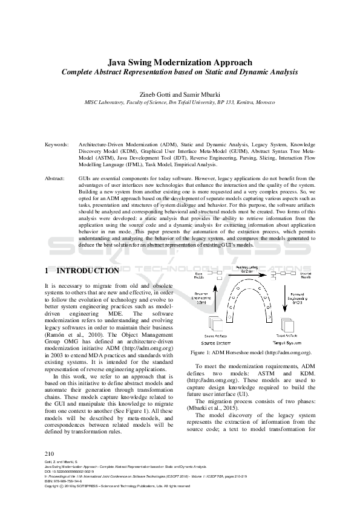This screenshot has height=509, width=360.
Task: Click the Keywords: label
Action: coord(56,146)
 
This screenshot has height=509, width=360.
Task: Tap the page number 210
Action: coord(50,453)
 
